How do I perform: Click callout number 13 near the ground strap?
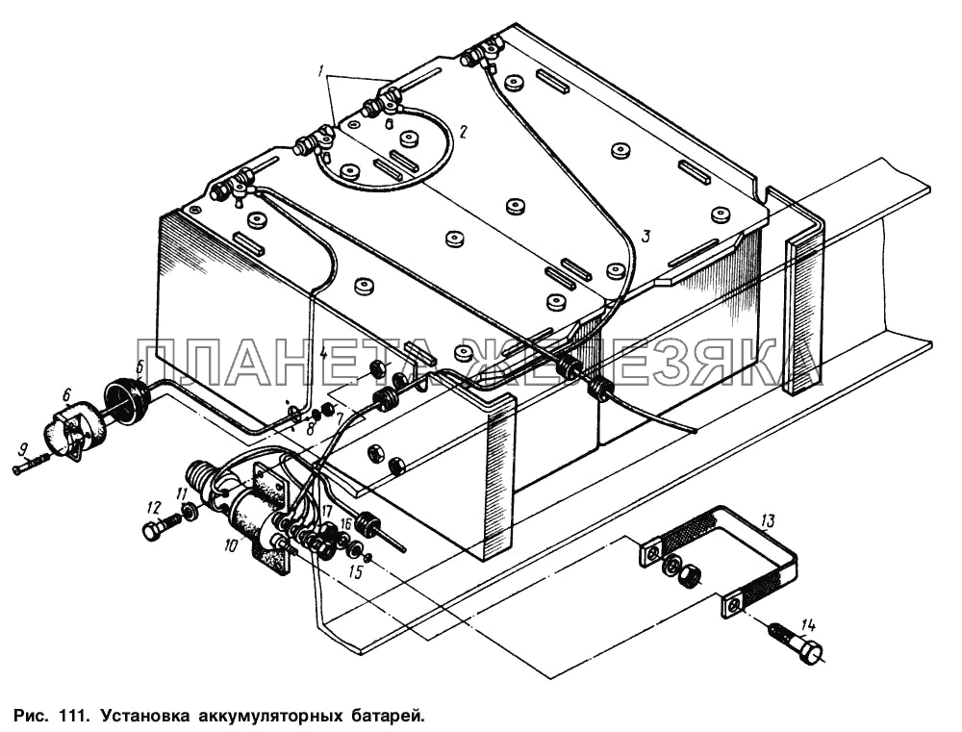(x=769, y=521)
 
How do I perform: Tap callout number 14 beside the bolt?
(x=808, y=626)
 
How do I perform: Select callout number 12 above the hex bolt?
(x=153, y=508)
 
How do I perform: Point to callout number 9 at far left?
(x=23, y=451)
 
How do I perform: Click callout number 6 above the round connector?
(x=67, y=394)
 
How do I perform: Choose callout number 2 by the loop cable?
(x=464, y=131)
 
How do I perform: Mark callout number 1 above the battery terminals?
(x=321, y=72)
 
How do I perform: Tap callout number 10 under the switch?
(x=230, y=544)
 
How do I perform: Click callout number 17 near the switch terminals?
(x=325, y=511)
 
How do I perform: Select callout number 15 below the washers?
(x=356, y=572)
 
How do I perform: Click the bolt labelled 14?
(x=796, y=651)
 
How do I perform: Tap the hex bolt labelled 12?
(x=160, y=526)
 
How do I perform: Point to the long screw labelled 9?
(x=30, y=469)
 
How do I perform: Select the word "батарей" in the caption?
(x=392, y=715)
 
